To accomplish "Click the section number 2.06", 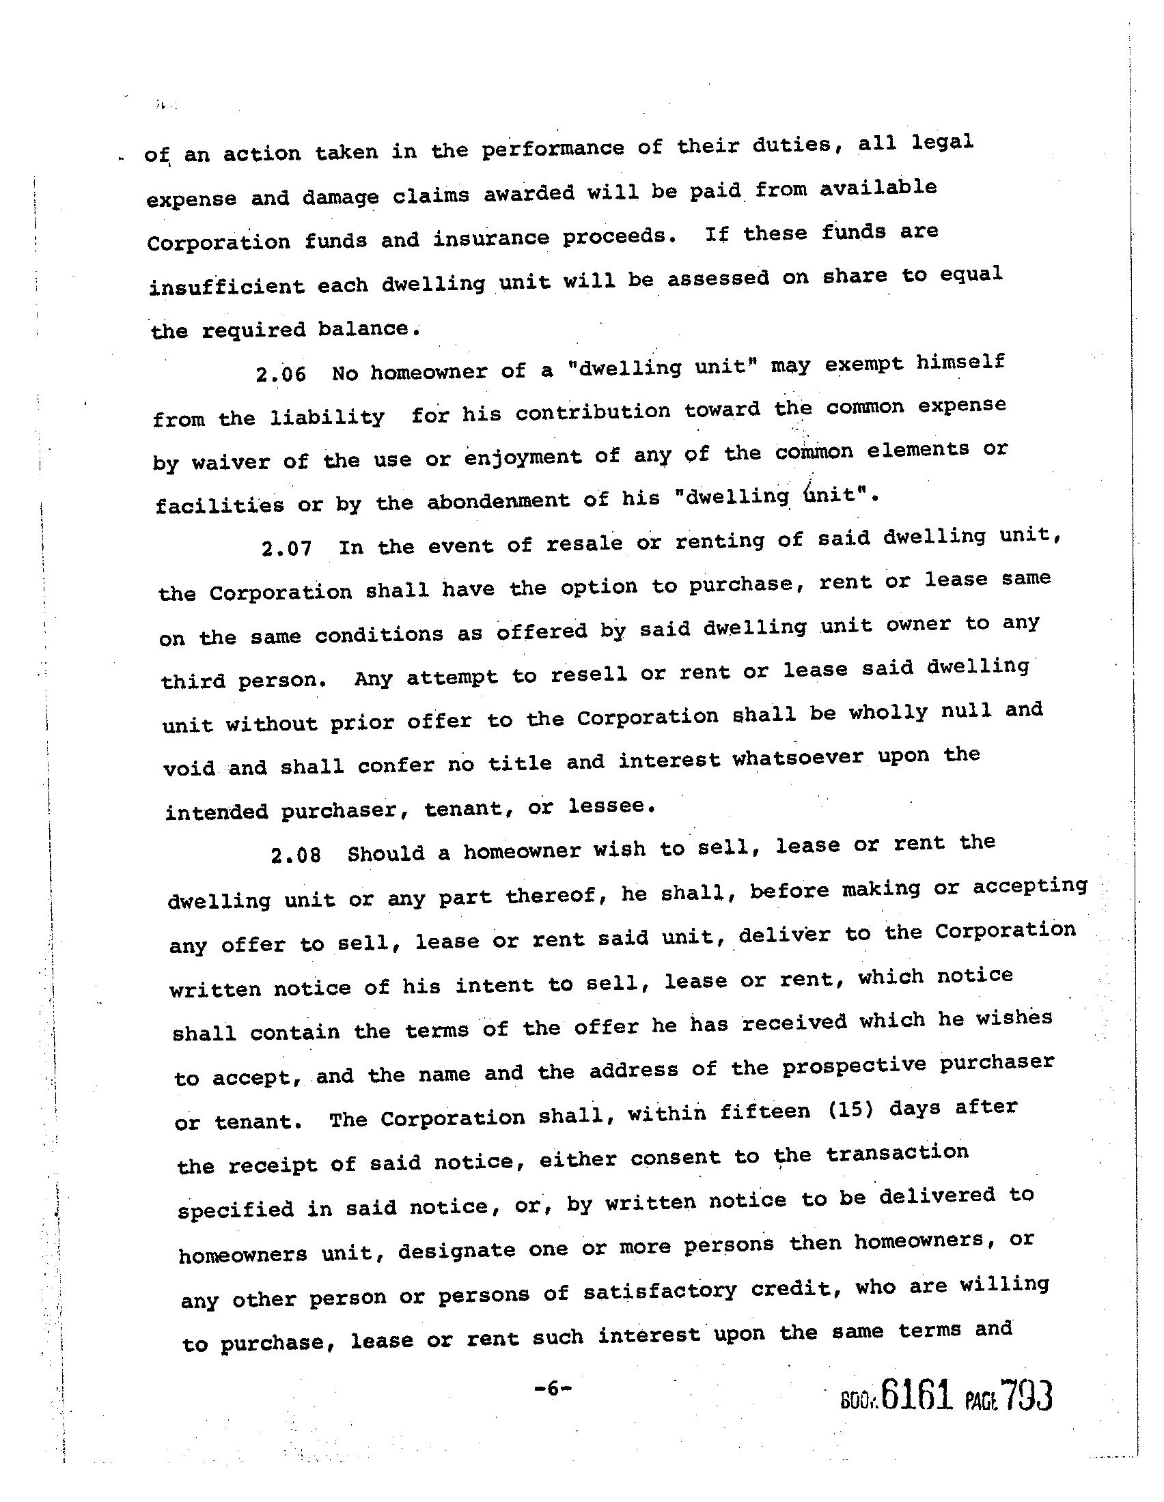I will tap(280, 375).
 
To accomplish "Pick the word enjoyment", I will tap(523, 457).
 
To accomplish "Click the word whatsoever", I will tap(797, 759).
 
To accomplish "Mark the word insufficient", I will tap(226, 286).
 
